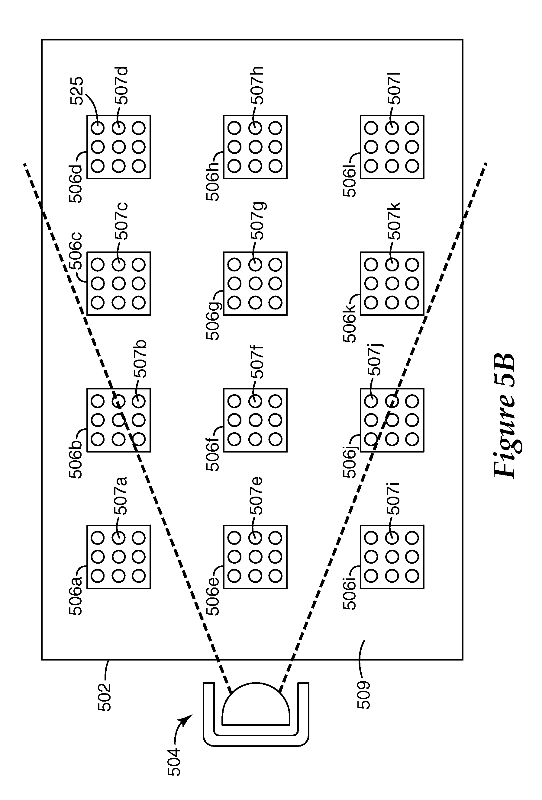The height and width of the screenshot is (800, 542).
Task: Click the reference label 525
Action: (76, 91)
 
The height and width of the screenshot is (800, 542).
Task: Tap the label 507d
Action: (121, 85)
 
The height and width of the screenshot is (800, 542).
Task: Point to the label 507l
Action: (394, 88)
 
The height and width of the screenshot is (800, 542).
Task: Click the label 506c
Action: (76, 251)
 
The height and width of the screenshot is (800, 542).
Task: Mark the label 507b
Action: (140, 359)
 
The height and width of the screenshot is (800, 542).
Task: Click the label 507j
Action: (375, 360)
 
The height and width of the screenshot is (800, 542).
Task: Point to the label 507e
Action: (257, 495)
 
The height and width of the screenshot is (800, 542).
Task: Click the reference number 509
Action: (363, 695)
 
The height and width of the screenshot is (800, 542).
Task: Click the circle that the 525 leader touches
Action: (98, 128)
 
